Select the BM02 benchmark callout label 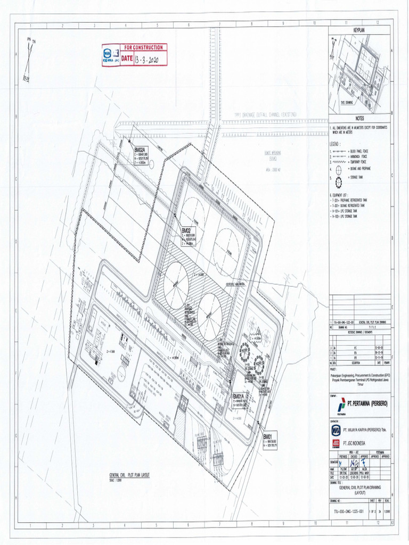coord(186,231)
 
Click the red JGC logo coord(336,442)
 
